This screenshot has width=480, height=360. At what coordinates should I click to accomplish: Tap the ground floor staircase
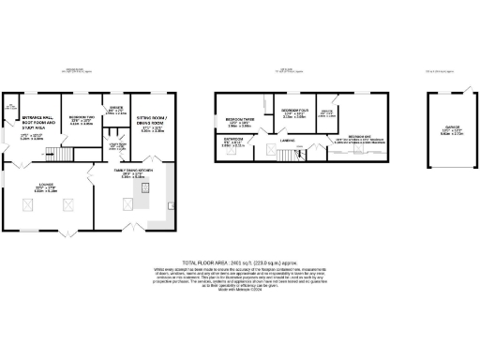pyautogui.click(x=59, y=153)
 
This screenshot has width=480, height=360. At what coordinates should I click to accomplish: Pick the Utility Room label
pyautogui.click(x=117, y=148)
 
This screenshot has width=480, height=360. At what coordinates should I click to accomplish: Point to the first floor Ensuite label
pyautogui.click(x=328, y=115)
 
